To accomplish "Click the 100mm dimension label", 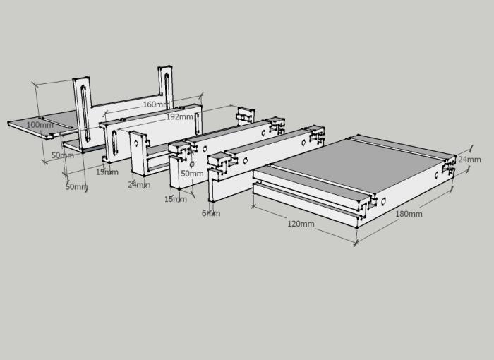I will (x=39, y=125).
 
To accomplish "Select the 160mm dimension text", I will (x=155, y=104).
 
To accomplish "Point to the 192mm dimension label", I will (x=179, y=117).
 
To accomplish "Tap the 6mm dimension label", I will (x=210, y=213).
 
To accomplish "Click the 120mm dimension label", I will (x=301, y=224).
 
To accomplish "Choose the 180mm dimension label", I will (x=409, y=214).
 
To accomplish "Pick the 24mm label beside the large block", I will (x=469, y=160).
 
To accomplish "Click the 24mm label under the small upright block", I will (x=138, y=185).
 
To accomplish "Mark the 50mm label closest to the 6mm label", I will (x=192, y=174).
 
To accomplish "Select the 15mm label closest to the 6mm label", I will (x=176, y=199).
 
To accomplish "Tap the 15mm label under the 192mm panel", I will (x=107, y=172).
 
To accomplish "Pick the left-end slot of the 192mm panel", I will (x=112, y=142).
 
